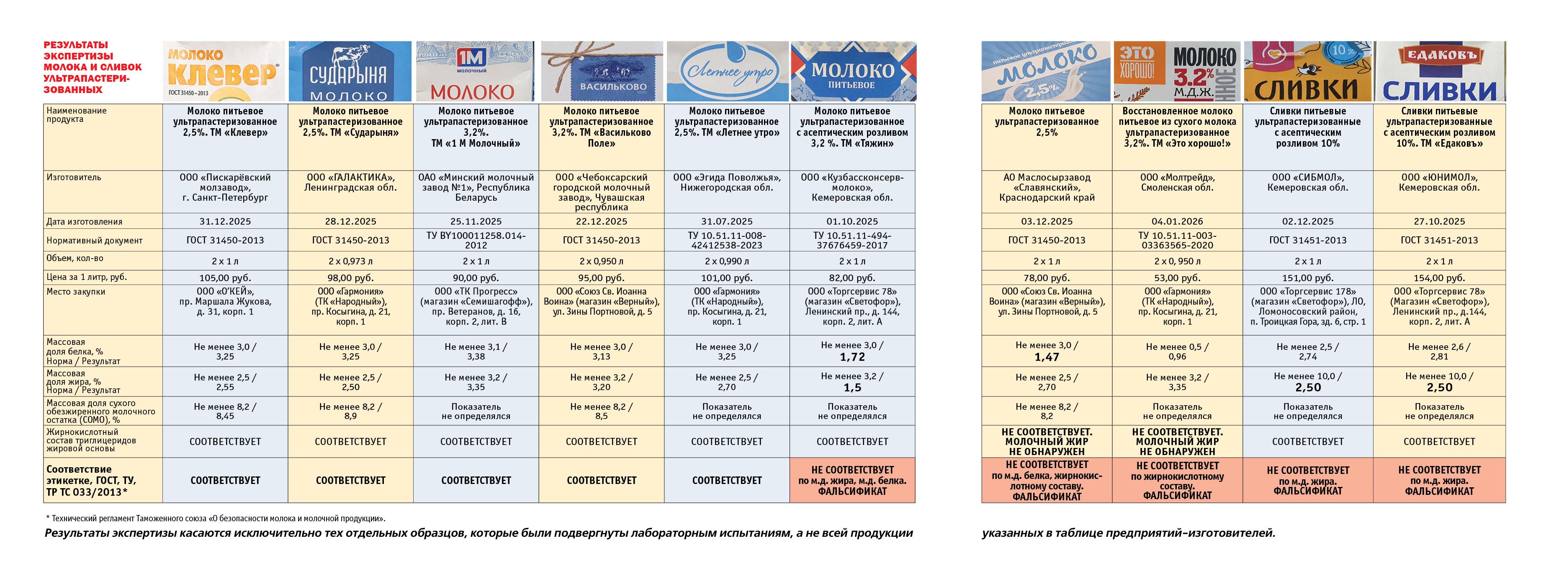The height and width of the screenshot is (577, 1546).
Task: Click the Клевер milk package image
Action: (224, 71)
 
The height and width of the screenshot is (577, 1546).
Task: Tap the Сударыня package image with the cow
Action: (350, 71)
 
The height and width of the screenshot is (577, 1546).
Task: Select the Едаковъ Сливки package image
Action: (1439, 71)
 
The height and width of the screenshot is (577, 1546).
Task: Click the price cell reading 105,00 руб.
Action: (225, 278)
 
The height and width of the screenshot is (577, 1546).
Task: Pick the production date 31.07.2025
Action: (727, 222)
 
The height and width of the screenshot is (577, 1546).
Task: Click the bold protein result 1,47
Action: (1047, 357)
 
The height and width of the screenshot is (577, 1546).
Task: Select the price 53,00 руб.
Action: (1178, 278)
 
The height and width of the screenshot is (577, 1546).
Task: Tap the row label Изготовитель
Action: (74, 178)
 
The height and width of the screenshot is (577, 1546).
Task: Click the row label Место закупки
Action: (76, 292)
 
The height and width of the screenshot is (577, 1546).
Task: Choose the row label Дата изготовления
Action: (84, 222)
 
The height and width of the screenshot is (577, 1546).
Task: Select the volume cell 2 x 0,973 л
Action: (350, 261)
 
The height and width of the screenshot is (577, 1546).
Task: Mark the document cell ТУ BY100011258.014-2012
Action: (476, 240)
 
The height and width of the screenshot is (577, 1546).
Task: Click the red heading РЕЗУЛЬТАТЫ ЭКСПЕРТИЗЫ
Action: (93, 67)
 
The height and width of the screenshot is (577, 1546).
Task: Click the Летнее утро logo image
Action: (727, 71)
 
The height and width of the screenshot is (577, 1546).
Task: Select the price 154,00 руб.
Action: (1439, 278)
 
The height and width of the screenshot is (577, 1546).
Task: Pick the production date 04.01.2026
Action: (1178, 222)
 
